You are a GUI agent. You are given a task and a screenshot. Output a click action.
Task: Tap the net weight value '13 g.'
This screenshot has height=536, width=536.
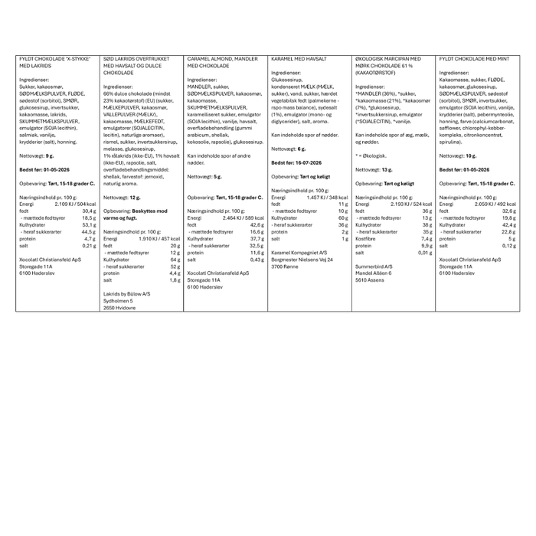click(x=387, y=169)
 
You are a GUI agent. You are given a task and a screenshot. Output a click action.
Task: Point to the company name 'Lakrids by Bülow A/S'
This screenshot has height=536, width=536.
click(x=127, y=293)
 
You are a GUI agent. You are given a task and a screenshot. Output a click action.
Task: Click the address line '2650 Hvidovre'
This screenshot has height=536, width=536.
click(x=121, y=307)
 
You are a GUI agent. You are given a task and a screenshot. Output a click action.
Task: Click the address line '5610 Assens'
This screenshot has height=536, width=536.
click(x=370, y=279)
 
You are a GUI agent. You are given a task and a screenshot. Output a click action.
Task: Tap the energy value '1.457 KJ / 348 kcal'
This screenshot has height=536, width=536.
click(x=325, y=197)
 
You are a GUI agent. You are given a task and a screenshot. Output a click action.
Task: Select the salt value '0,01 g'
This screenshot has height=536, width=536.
click(x=425, y=252)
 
